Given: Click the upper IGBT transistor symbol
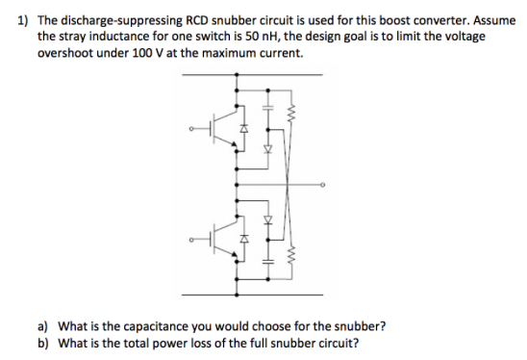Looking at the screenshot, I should point(222,128).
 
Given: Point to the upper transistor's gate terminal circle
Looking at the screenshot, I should point(190,128).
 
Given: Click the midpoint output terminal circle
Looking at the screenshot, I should point(323,183).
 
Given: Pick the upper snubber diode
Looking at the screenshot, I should point(268,150).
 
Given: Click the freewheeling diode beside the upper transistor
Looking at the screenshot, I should point(244,128).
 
